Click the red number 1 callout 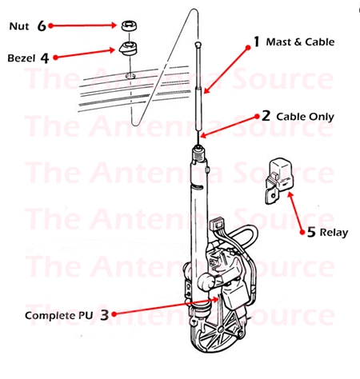coord(257,40)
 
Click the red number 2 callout coord(266,115)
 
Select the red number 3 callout coord(104,315)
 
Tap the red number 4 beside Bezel coord(45,58)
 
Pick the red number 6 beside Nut coord(42,26)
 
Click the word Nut coord(19,26)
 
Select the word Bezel coord(22,58)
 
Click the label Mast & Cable coord(299,41)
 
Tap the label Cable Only coord(305,116)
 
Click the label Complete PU coord(58,315)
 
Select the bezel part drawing coord(126,49)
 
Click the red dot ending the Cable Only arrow coord(204,135)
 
